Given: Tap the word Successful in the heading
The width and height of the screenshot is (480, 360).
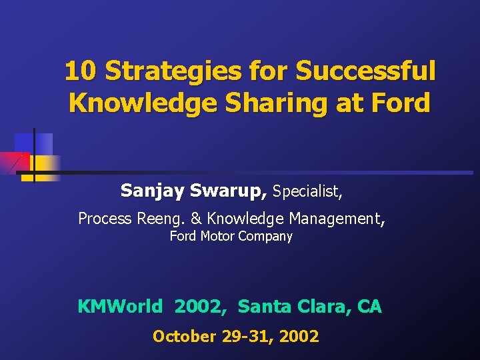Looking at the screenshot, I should click(365, 71).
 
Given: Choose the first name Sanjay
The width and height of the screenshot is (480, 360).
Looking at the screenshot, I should click(153, 191).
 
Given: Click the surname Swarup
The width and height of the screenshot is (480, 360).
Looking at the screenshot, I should click(229, 191).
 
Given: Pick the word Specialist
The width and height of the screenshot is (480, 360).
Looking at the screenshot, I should click(307, 192).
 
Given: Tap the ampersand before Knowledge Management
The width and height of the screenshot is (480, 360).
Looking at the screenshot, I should click(195, 219).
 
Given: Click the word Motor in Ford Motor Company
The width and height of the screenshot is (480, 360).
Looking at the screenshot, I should click(215, 236).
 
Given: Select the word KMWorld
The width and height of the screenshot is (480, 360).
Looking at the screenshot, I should click(120, 307).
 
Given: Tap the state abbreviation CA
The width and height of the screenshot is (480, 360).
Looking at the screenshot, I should click(369, 307).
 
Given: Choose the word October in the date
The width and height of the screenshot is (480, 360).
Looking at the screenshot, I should click(181, 337).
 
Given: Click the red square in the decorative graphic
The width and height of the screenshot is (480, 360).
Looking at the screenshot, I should click(12, 162).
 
